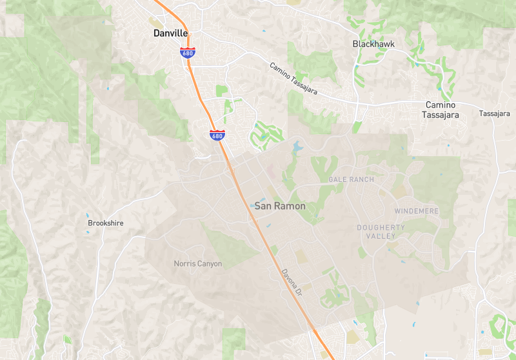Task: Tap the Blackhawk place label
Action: [373, 44]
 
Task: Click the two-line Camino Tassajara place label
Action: [441, 110]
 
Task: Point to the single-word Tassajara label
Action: [495, 114]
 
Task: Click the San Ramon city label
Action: [280, 206]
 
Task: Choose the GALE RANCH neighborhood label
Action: [351, 179]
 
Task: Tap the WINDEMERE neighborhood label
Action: [416, 212]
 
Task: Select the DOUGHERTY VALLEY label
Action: [381, 232]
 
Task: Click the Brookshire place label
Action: [105, 223]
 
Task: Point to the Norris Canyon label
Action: [197, 264]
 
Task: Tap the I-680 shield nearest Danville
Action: [188, 53]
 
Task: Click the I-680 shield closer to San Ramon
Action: [217, 135]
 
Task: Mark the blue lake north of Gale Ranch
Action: [297, 146]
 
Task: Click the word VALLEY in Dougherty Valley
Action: [381, 236]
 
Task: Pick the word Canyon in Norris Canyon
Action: [209, 264]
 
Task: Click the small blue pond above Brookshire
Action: [88, 215]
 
